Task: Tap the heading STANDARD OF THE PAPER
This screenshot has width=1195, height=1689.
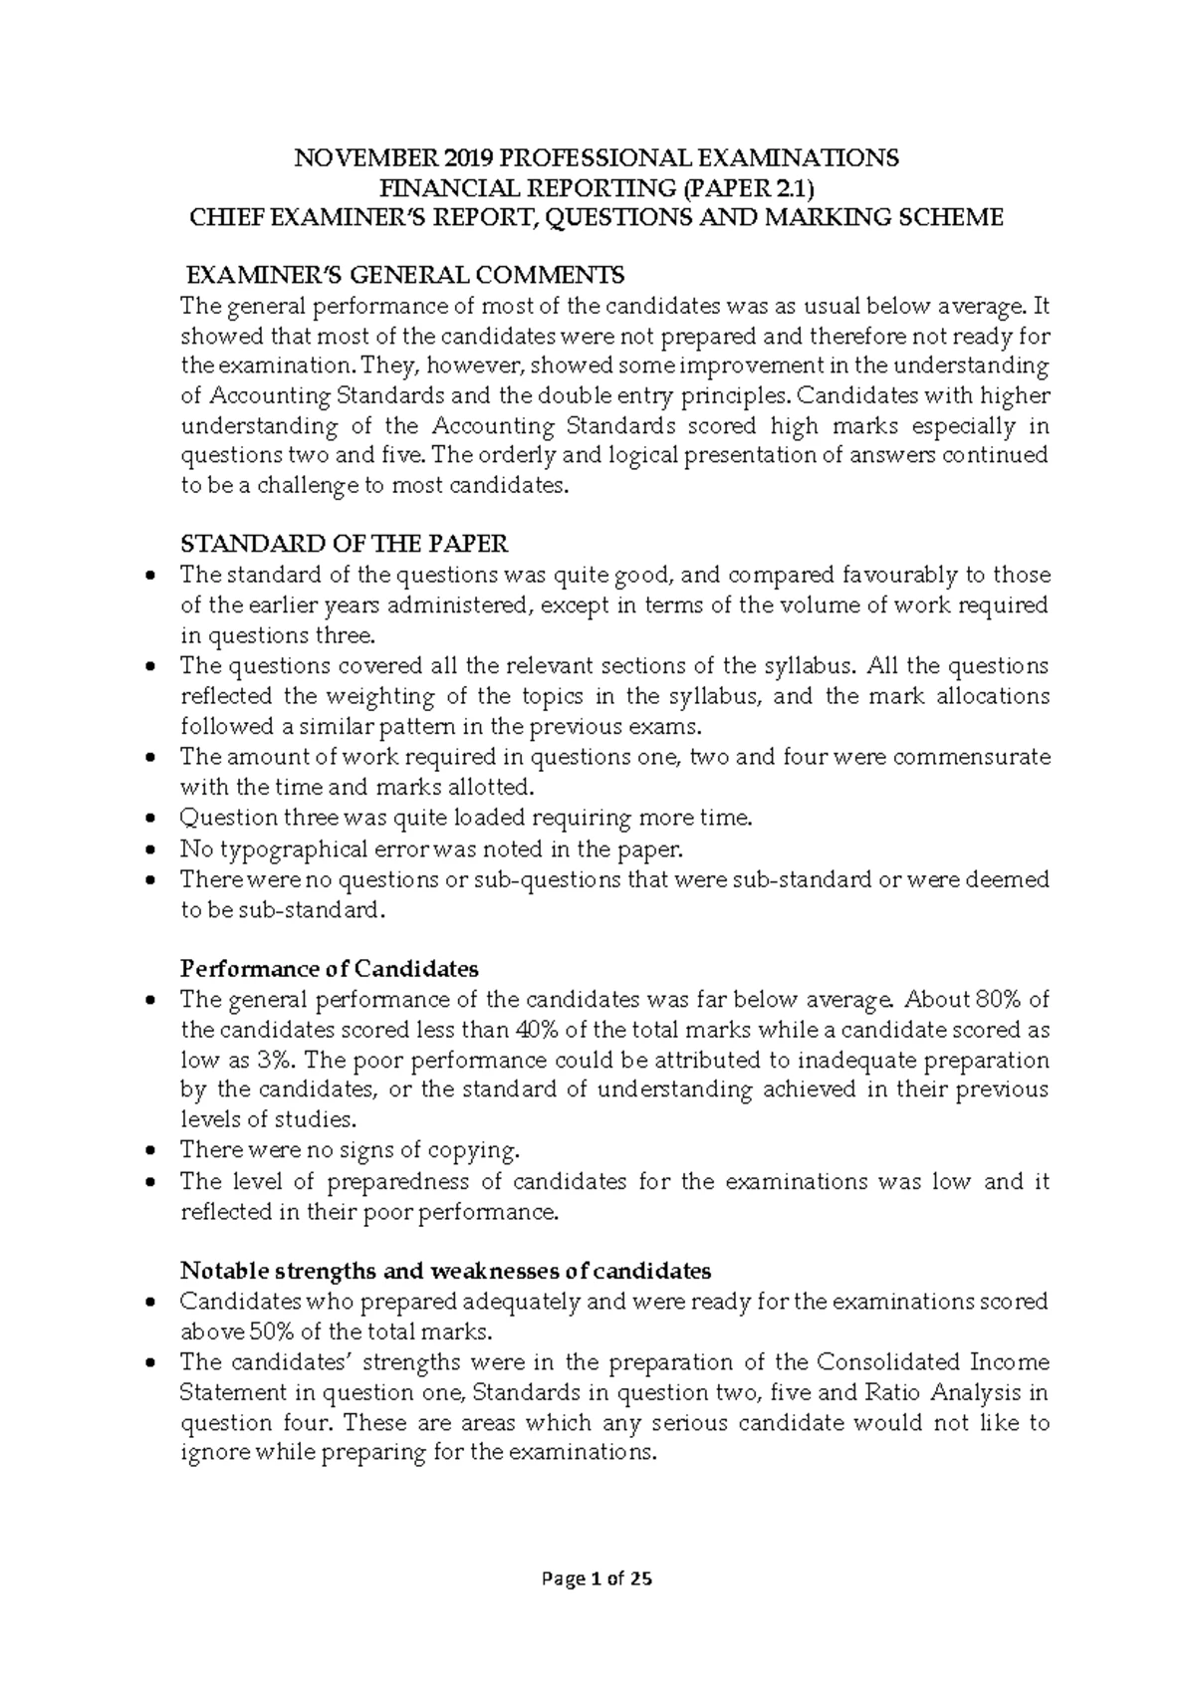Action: pyautogui.click(x=344, y=544)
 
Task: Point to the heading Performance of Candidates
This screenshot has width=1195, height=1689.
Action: pyautogui.click(x=329, y=968)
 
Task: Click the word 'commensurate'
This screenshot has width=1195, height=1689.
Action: pyautogui.click(x=971, y=757)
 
